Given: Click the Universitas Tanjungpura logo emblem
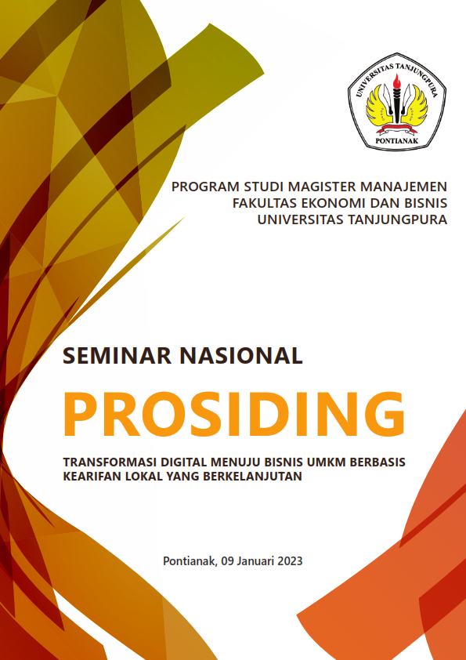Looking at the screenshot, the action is (x=397, y=101).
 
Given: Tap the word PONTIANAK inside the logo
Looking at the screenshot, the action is (x=397, y=140).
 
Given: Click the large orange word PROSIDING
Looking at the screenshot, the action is (x=234, y=414).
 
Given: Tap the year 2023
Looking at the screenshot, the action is (x=289, y=561).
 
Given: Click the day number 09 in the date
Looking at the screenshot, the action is (x=227, y=561).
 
